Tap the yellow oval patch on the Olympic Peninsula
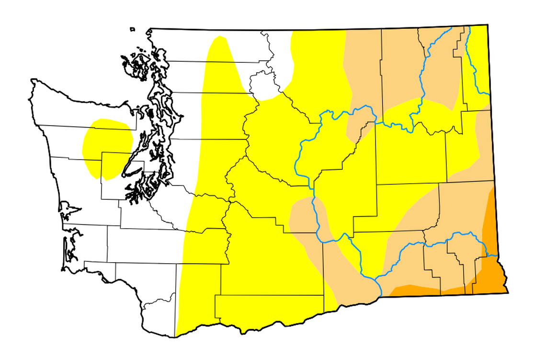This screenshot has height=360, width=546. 108,146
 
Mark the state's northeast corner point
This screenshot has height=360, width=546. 488,24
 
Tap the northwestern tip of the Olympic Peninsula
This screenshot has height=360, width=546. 33,81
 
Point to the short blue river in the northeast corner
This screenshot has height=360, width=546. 474,62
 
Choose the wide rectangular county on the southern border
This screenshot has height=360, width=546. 268,307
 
